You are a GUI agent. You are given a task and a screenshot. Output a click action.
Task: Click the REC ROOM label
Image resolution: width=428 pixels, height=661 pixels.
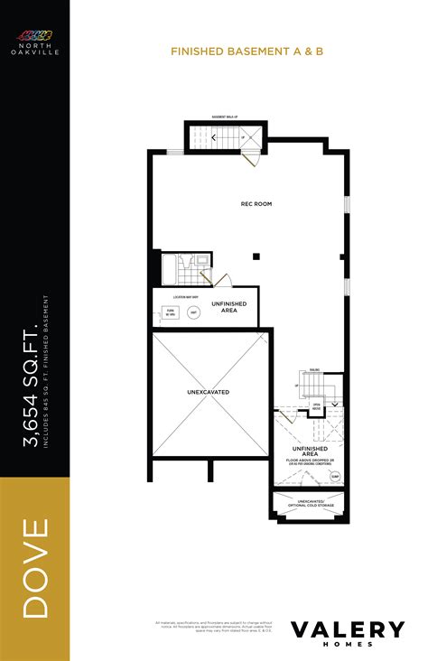pyautogui.click(x=256, y=204)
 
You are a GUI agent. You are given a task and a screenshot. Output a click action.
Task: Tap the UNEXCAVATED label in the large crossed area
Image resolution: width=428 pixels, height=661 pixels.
pyautogui.click(x=209, y=393)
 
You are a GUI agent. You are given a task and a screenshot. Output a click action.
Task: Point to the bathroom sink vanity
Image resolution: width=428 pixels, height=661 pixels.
pyautogui.click(x=202, y=265)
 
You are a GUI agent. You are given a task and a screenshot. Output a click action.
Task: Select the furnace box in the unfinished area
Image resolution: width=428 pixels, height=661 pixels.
pyautogui.click(x=169, y=312)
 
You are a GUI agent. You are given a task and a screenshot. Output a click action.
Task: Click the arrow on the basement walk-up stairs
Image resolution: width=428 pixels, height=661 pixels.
pyautogui.click(x=214, y=137)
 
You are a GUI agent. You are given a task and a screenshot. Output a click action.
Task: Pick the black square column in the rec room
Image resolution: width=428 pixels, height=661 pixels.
pyautogui.click(x=257, y=256)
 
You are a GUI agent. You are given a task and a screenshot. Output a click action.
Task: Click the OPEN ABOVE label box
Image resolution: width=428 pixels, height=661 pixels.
pyautogui.click(x=317, y=408)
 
